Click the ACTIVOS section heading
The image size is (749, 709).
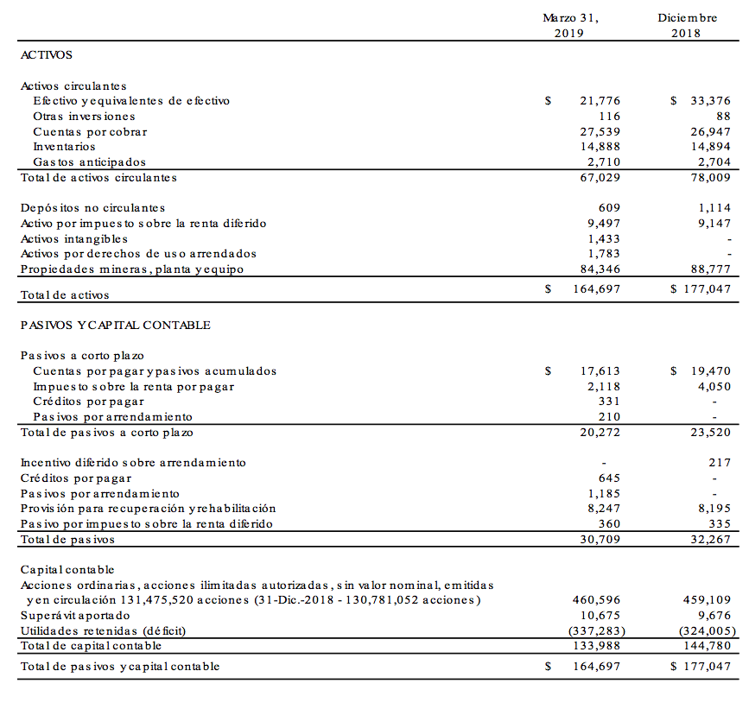47,54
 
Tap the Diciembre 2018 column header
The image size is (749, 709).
687,25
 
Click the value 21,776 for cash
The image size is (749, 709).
600,101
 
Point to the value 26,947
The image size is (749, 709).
710,132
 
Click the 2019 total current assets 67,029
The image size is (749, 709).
600,178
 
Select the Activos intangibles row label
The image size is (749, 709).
74,238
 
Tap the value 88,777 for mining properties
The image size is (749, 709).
710,269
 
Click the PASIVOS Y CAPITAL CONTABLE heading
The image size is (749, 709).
116,325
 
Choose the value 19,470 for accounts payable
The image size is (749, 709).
710,371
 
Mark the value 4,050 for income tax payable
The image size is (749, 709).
714,387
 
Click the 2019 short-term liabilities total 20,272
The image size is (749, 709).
600,433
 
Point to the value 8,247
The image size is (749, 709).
603,509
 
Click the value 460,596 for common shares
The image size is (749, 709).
596,599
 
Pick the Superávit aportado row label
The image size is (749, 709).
75,615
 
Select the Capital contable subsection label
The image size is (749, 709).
67,570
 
